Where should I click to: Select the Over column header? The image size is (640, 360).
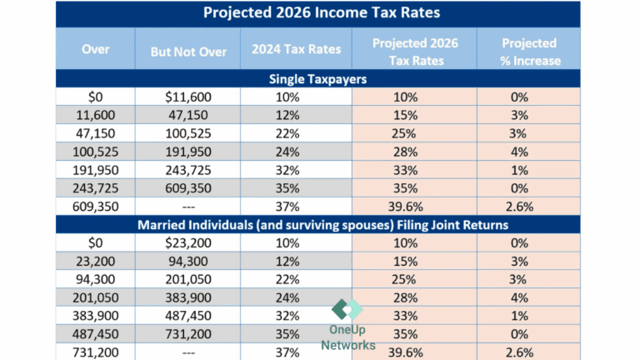(x=96, y=50)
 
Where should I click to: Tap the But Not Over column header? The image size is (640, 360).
(x=188, y=51)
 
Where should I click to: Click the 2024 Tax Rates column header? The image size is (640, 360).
(x=296, y=50)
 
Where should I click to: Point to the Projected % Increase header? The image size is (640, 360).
(x=529, y=50)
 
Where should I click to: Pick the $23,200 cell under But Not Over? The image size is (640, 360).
(x=188, y=242)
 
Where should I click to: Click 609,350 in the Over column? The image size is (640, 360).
(x=96, y=206)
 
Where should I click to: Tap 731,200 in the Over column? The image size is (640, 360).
(x=96, y=352)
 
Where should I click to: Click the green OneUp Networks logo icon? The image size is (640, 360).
(x=347, y=309)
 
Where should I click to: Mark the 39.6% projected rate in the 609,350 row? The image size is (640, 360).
(x=414, y=206)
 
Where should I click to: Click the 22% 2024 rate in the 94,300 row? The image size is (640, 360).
(x=296, y=279)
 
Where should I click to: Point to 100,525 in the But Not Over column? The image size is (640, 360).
(x=188, y=133)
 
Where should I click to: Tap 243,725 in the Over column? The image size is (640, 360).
(x=96, y=187)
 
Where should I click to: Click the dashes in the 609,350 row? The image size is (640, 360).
(x=188, y=206)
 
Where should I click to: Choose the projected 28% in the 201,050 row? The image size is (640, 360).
(x=414, y=297)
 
